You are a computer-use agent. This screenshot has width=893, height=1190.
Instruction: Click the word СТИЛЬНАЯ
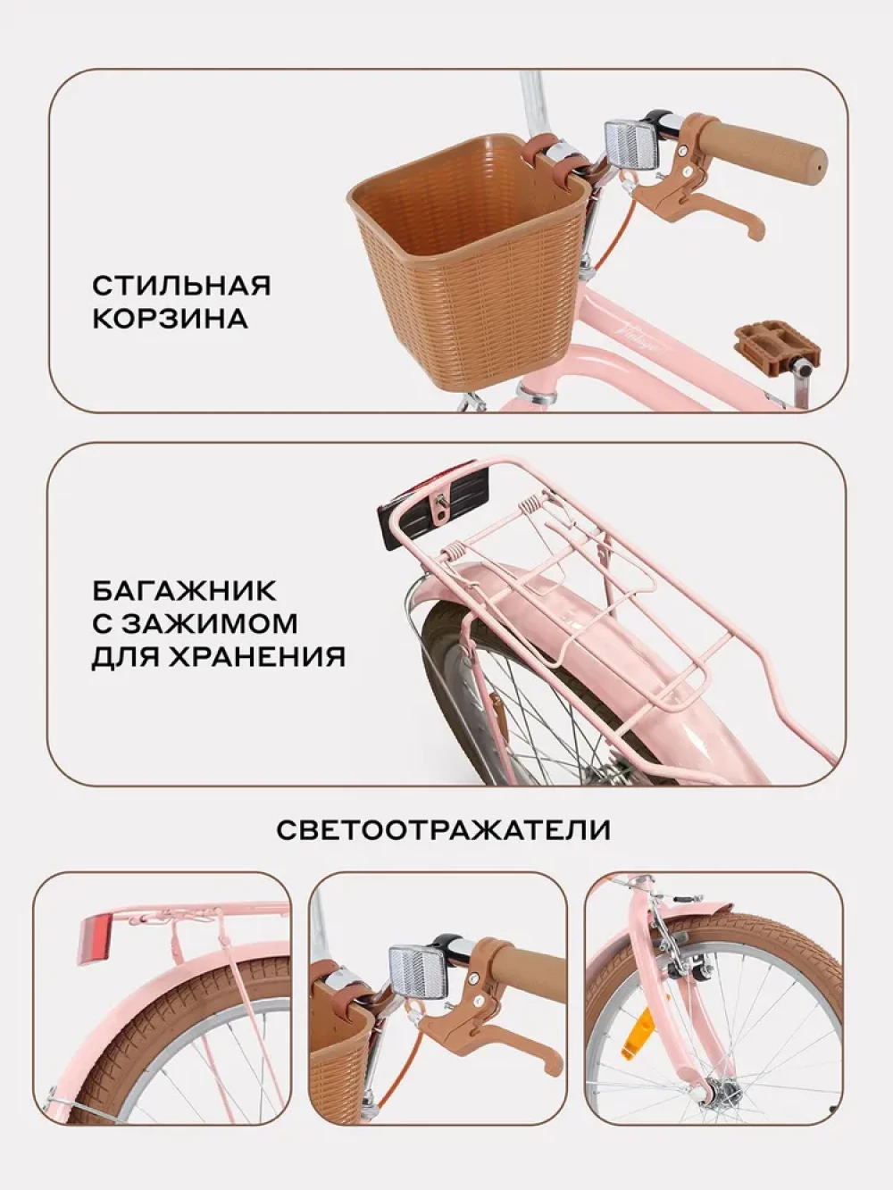pos(181,287)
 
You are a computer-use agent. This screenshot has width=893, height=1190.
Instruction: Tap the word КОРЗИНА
pos(170,320)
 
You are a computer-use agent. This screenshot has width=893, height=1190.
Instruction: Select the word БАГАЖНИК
pos(184,591)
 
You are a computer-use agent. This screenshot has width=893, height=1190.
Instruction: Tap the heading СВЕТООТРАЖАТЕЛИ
pos(444,829)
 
